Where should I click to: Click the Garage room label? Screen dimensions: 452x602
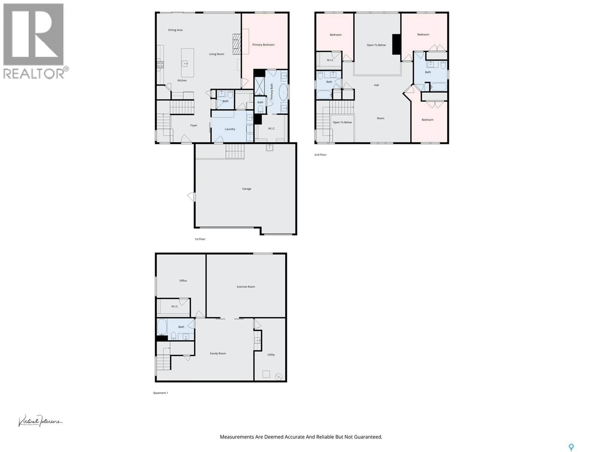[x=247, y=188]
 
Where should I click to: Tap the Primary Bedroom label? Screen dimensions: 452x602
[x=263, y=45]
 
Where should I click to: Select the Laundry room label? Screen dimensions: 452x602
[x=230, y=129]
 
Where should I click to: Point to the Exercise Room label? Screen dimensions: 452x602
[x=246, y=287]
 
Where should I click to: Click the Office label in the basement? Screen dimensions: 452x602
[x=183, y=281]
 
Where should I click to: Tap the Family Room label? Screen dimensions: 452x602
[x=218, y=353]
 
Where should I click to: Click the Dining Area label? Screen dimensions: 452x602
[x=175, y=30]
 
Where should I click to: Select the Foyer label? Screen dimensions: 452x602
[x=193, y=125]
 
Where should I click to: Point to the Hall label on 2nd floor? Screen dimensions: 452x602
[x=376, y=85]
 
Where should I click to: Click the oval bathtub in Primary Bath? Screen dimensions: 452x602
[x=283, y=92]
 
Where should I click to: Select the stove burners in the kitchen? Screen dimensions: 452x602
[x=160, y=65]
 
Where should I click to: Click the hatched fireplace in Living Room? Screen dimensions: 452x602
[x=237, y=44]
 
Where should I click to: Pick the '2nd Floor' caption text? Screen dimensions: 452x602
[x=320, y=155]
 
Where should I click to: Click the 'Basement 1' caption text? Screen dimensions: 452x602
[x=161, y=393]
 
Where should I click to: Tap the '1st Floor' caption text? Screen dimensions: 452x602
[x=200, y=239]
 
